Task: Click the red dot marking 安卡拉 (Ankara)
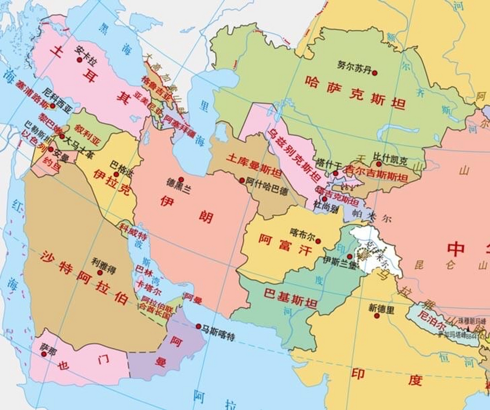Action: point(80,60)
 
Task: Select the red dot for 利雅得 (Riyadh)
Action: point(100,273)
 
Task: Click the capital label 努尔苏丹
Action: point(354,66)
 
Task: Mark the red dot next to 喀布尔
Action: point(318,241)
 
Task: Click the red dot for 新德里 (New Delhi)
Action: point(377,316)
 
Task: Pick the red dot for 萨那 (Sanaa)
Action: point(44,354)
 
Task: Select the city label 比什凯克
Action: point(390,159)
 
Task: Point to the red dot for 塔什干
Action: point(335,173)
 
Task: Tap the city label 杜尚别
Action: point(326,208)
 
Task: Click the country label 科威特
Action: point(134,232)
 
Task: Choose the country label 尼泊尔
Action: point(432,319)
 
